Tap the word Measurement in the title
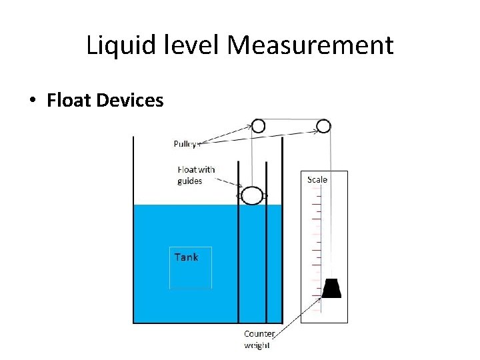pyautogui.click(x=310, y=46)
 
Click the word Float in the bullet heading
pyautogui.click(x=69, y=101)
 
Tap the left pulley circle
pyautogui.click(x=257, y=125)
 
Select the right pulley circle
pyautogui.click(x=323, y=125)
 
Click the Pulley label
pyautogui.click(x=185, y=144)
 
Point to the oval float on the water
pyautogui.click(x=252, y=195)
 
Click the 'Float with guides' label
pyautogui.click(x=196, y=175)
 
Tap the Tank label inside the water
pyautogui.click(x=186, y=257)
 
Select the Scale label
pyautogui.click(x=317, y=179)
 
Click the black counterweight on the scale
pyautogui.click(x=331, y=288)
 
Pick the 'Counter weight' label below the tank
pyautogui.click(x=259, y=339)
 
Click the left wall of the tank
pyautogui.click(x=133, y=227)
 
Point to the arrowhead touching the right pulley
pyautogui.click(x=315, y=131)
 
